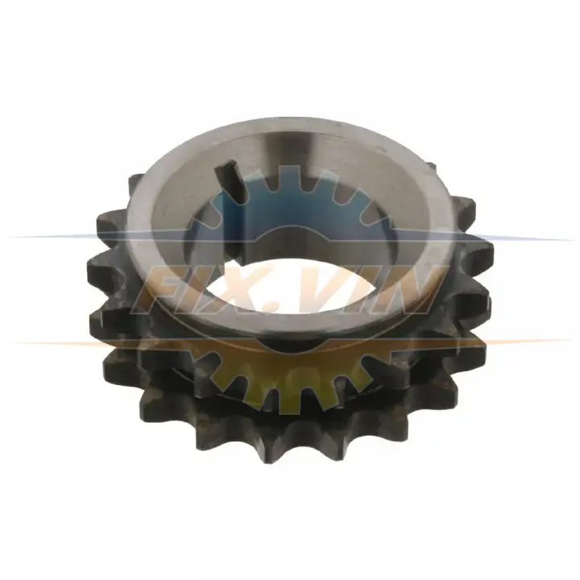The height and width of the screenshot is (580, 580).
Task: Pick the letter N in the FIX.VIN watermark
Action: click(404, 288)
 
